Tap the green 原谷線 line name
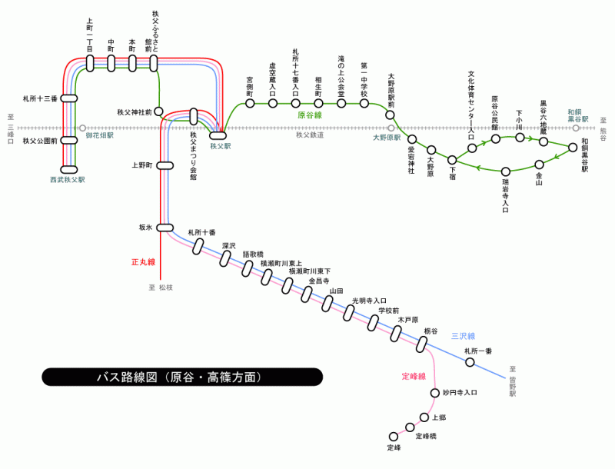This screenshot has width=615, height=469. pyautogui.click(x=310, y=115)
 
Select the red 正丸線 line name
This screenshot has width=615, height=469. pyautogui.click(x=143, y=262)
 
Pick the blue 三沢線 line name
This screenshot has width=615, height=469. pyautogui.click(x=464, y=336)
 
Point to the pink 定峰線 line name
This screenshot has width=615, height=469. pyautogui.click(x=414, y=376)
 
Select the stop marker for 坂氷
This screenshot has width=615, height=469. pyautogui.click(x=165, y=228)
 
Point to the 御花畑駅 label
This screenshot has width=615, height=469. pyautogui.click(x=99, y=135)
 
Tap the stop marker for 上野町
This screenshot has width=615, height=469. pyautogui.click(x=165, y=165)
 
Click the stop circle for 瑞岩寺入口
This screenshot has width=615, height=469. pyautogui.click(x=506, y=171)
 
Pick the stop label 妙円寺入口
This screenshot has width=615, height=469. pyautogui.click(x=460, y=392)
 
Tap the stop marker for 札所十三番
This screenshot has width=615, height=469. pyautogui.click(x=69, y=98)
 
